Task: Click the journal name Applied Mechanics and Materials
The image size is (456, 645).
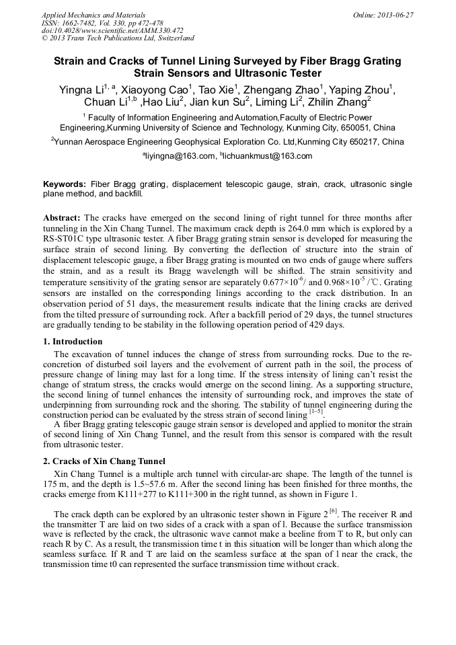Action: pyautogui.click(x=93, y=15)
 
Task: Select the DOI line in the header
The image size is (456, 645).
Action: pyautogui.click(x=112, y=31)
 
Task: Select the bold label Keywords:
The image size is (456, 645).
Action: pyautogui.click(x=65, y=184)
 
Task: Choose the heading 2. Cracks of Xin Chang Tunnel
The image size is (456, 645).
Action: pyautogui.click(x=104, y=461)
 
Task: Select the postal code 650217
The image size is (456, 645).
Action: pyautogui.click(x=355, y=142)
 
